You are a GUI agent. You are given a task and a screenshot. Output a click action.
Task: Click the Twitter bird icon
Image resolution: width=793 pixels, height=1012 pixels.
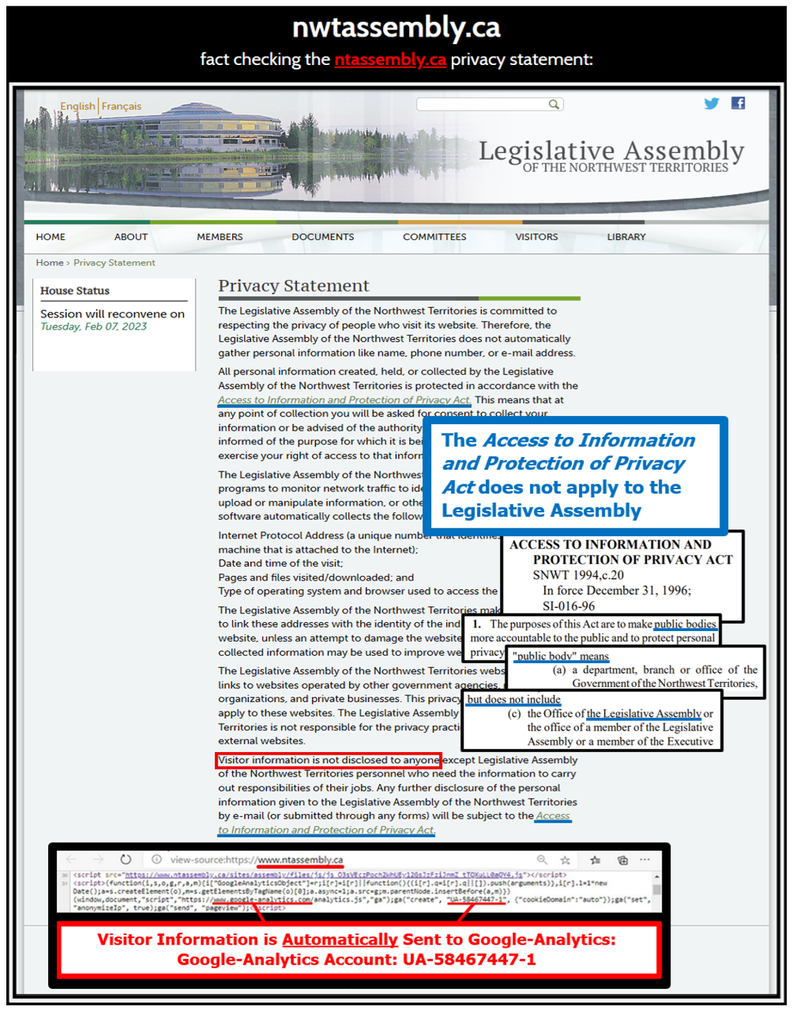pos(711,103)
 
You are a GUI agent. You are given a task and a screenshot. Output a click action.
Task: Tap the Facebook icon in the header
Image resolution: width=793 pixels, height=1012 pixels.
pos(738,103)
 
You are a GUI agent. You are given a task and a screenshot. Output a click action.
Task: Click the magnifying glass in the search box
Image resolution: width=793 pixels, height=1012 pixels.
pos(554,104)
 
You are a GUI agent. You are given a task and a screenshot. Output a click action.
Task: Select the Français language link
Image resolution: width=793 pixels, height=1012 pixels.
pos(122,106)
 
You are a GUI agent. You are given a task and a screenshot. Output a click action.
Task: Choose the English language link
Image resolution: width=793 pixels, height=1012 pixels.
pos(78,106)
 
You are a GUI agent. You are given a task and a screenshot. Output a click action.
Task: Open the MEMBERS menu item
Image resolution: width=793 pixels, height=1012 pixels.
pos(220,237)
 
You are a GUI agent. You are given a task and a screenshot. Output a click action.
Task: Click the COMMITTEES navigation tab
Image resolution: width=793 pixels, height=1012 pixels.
pos(434,237)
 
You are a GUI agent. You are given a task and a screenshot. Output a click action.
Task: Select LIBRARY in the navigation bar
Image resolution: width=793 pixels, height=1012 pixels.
pos(626,237)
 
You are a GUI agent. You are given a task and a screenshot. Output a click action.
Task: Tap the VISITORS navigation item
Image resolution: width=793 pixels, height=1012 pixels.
pos(536,237)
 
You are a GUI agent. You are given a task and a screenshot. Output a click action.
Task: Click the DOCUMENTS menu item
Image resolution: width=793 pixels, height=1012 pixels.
pos(322,237)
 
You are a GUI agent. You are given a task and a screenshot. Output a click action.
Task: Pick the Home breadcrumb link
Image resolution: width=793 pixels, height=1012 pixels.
pos(50,263)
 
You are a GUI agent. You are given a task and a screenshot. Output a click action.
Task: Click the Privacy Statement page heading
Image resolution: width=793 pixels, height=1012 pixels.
pos(293,286)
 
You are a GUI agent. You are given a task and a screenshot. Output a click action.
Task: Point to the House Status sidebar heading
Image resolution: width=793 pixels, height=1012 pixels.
pos(75,291)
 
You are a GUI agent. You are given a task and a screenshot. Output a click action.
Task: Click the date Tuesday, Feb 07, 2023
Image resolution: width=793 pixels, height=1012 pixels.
pos(94,326)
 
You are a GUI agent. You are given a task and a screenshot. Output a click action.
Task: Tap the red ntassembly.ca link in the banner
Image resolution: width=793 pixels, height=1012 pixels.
pos(390,59)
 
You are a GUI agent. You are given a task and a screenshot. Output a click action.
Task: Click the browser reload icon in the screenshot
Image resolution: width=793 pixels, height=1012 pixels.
pos(126,860)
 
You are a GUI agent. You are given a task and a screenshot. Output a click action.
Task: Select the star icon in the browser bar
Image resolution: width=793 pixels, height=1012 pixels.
pos(565,860)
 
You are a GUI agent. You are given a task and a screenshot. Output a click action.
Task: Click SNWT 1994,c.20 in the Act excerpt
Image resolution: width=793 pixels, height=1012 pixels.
pos(578,575)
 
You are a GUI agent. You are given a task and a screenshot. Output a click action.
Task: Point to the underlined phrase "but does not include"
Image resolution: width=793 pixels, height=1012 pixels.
pos(514,699)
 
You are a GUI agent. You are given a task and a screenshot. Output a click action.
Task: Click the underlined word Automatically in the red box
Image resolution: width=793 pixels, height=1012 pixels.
pos(340,939)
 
